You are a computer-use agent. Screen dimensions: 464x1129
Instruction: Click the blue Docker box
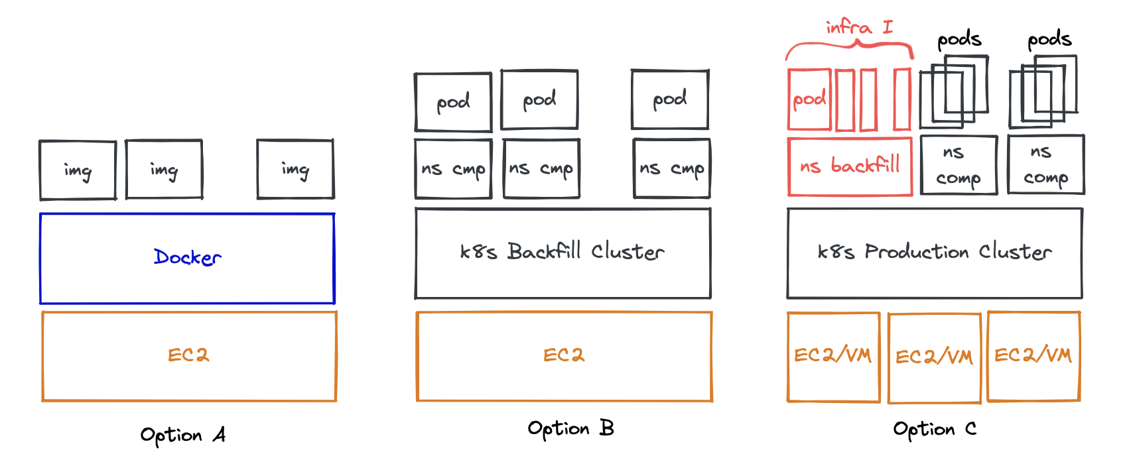(x=187, y=259)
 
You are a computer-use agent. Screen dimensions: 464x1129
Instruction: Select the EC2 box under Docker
(x=189, y=356)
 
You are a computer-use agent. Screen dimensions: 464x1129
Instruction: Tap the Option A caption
(x=183, y=435)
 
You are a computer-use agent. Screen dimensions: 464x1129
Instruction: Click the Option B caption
(x=570, y=428)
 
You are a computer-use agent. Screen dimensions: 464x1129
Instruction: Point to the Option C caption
(x=934, y=430)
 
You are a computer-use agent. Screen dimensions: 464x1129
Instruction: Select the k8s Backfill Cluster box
(x=563, y=253)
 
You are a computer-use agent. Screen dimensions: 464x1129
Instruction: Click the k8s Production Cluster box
(x=934, y=253)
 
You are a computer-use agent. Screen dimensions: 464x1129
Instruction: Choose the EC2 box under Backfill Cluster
(x=564, y=356)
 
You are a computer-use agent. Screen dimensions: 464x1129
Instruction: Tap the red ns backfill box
(x=850, y=166)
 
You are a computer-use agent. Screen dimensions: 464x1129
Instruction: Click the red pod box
(x=809, y=99)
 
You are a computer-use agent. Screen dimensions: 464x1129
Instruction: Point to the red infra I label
(x=859, y=28)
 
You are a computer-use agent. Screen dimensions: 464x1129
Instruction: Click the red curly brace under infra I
(x=850, y=46)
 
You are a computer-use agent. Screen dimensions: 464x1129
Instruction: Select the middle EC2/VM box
(x=934, y=357)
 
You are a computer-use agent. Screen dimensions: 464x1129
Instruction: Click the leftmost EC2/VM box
(x=833, y=356)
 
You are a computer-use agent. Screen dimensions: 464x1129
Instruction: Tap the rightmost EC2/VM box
(x=1033, y=356)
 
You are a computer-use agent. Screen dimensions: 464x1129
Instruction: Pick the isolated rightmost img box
(x=295, y=169)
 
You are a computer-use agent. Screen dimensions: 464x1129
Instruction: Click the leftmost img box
(x=78, y=170)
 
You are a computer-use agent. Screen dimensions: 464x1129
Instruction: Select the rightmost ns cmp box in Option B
(x=671, y=168)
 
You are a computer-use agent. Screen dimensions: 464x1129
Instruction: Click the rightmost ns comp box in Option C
(x=1045, y=164)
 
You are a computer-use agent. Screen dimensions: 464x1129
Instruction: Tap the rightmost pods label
(x=1049, y=40)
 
